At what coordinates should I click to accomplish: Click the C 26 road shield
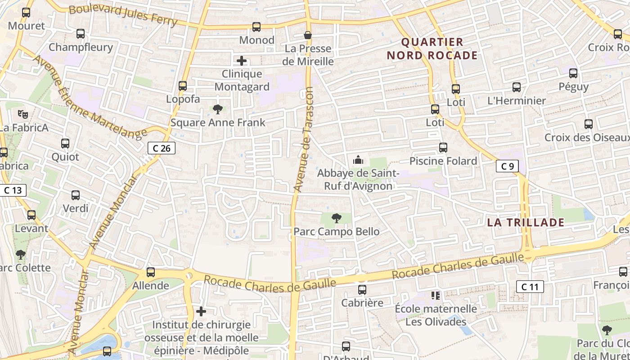point(162,148)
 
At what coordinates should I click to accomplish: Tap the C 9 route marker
point(507,166)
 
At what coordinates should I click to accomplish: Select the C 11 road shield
point(530,286)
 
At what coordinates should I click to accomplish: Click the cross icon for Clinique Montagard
point(242,60)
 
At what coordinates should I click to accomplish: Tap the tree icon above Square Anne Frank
point(218,109)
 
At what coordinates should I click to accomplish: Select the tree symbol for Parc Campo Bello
point(336,219)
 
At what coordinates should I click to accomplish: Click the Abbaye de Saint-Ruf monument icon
point(358,160)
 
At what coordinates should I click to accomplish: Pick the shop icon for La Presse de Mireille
point(308,35)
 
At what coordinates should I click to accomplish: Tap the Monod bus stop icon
point(256,27)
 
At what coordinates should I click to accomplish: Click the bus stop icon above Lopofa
point(183,85)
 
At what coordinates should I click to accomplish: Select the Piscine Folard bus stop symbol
point(443,148)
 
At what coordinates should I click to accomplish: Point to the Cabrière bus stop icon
point(362,290)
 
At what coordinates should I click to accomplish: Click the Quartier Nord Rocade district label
point(432,49)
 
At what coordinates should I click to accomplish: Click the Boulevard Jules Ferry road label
point(123,15)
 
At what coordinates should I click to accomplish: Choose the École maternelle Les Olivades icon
point(435,296)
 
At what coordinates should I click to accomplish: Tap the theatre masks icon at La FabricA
point(23,114)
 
